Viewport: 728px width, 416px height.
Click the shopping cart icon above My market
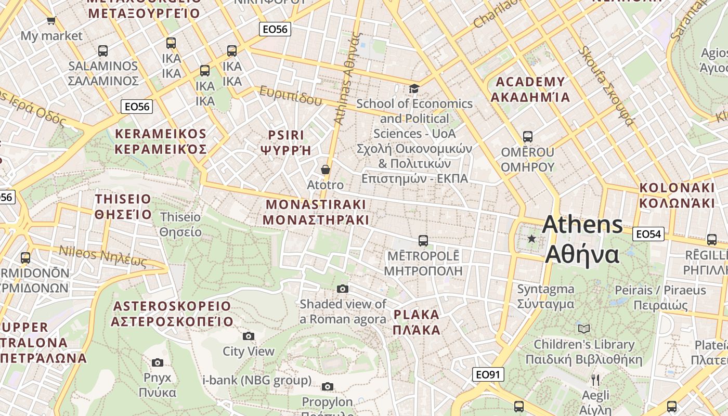51,21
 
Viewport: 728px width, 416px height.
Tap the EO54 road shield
648,234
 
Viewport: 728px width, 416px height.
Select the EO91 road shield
489,374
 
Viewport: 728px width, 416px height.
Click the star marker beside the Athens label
531,239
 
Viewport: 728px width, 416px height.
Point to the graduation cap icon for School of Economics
414,89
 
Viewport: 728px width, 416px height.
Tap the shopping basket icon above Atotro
326,170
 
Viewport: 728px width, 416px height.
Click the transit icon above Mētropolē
423,241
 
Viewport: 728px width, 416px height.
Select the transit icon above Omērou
528,137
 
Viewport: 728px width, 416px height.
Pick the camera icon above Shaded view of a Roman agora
343,289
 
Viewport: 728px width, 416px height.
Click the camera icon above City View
249,336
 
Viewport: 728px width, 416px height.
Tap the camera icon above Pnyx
158,362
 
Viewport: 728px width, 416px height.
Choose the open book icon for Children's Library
584,329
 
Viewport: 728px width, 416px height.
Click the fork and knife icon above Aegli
595,380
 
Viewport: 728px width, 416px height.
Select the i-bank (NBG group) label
257,380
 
